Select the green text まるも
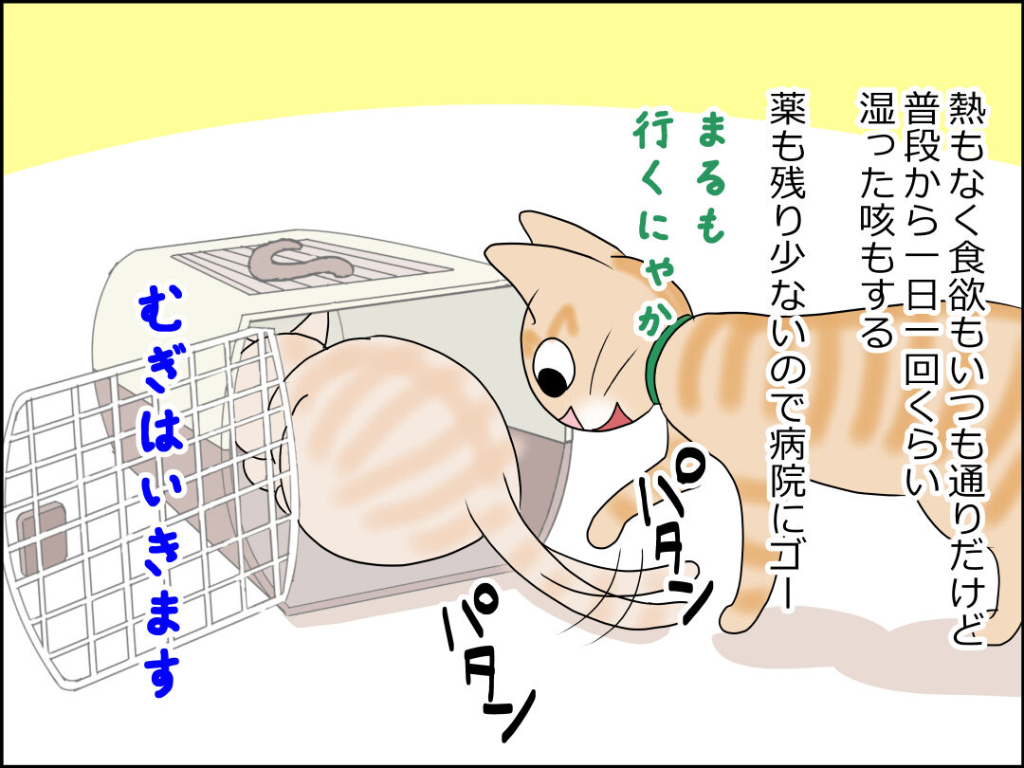tap(710, 176)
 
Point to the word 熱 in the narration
tap(965, 110)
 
